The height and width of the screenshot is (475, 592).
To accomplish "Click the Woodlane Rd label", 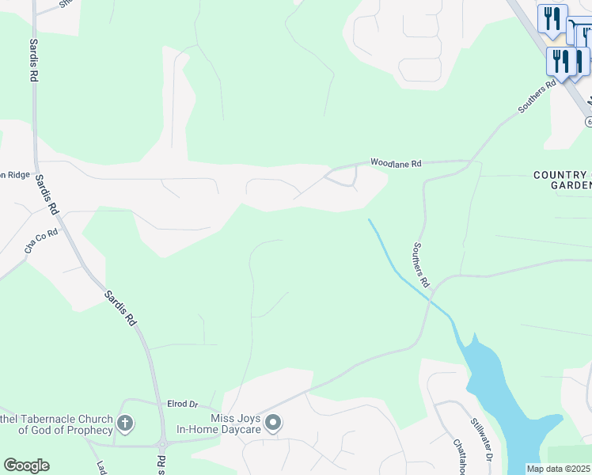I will [397, 163].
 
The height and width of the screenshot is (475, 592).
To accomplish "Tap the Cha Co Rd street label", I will [41, 241].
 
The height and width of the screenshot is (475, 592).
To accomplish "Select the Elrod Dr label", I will [182, 404].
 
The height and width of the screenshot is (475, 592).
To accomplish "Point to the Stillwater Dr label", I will [483, 439].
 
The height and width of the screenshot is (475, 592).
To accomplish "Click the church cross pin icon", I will [125, 424].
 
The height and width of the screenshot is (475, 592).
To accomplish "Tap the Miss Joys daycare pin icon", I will [273, 424].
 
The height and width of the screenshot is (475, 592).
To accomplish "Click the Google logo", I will [26, 465].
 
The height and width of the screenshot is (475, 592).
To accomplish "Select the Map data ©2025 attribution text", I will [559, 469].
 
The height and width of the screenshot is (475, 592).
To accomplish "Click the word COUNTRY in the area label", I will [559, 175].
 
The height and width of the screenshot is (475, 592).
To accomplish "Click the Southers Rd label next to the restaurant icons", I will [538, 97].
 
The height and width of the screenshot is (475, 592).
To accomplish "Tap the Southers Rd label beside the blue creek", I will [419, 264].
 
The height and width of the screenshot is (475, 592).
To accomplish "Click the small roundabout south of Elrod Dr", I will [162, 444].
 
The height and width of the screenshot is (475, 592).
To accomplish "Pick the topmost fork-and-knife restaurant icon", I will [552, 17].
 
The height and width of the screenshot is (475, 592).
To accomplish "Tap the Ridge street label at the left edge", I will [17, 175].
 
